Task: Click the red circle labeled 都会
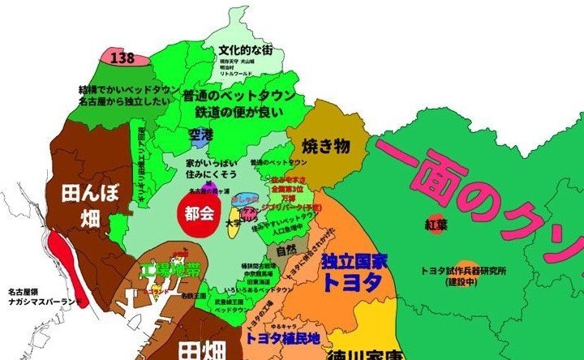(199, 216)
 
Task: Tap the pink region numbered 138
(122, 57)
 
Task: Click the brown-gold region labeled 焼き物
(325, 147)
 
